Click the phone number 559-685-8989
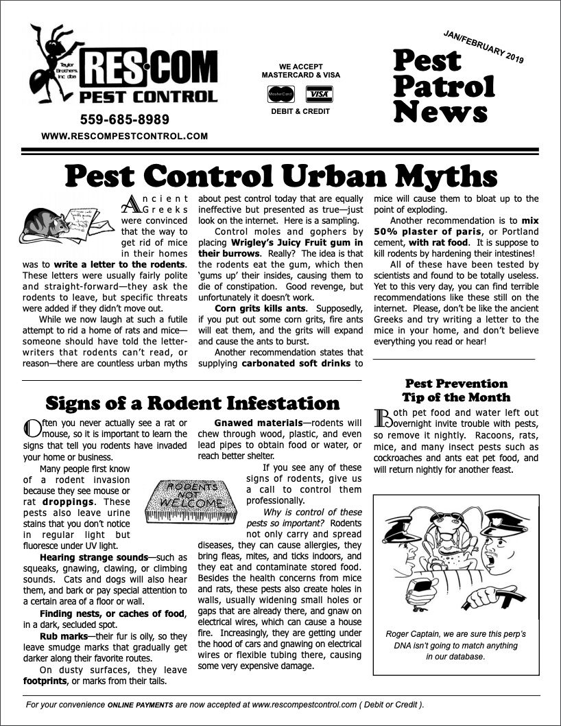[124, 119]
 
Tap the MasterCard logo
[280, 93]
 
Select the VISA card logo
[320, 93]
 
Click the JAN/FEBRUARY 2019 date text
[484, 47]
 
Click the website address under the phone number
[124, 137]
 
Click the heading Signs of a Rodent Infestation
[193, 403]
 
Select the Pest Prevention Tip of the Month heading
[456, 390]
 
